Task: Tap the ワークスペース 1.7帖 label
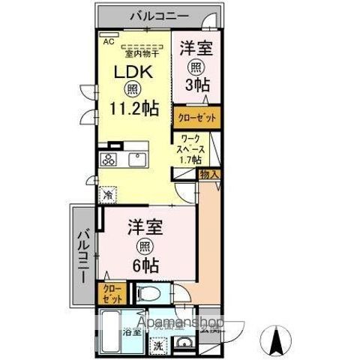(190, 148)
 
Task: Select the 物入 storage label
(209, 174)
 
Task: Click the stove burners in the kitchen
(109, 159)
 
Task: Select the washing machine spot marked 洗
(157, 346)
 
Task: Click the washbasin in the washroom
(184, 343)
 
